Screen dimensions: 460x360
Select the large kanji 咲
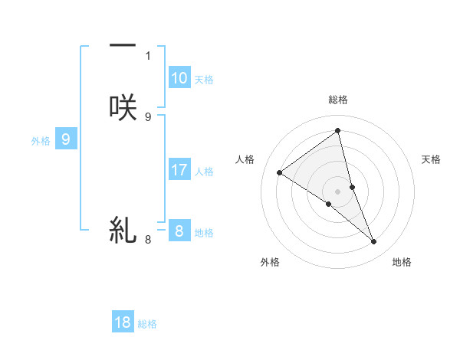click(x=123, y=106)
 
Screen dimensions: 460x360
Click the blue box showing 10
click(x=179, y=78)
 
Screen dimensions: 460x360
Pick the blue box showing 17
click(x=179, y=171)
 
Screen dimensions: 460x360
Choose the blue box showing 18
click(x=123, y=322)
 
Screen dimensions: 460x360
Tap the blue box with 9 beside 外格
click(x=66, y=139)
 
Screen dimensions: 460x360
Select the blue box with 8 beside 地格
click(x=179, y=231)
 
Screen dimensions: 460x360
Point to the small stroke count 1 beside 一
click(x=148, y=56)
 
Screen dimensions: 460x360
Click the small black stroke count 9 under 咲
click(x=148, y=116)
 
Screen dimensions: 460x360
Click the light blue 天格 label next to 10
click(x=204, y=80)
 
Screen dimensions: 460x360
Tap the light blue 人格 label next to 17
click(x=204, y=172)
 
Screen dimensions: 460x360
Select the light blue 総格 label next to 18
click(x=147, y=324)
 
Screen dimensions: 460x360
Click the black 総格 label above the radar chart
click(x=337, y=100)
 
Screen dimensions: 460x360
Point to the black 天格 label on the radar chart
click(x=431, y=159)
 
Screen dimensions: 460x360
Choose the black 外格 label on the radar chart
click(x=270, y=262)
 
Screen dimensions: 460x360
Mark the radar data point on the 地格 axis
click(x=374, y=242)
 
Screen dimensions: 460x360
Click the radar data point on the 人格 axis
click(x=279, y=172)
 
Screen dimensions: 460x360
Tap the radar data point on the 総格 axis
click(x=337, y=131)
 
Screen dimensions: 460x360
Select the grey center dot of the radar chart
click(x=337, y=191)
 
